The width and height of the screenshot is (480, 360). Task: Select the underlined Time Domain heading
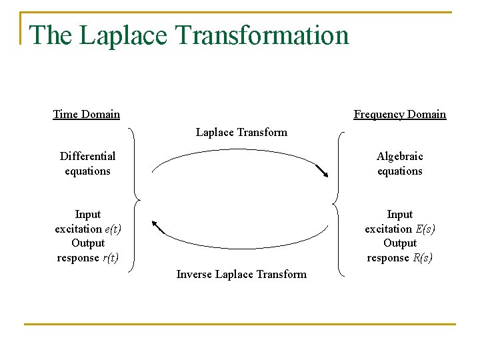tap(87, 114)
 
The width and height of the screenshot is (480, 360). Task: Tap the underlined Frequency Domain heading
tap(399, 114)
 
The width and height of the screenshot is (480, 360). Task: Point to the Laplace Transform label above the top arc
tap(241, 132)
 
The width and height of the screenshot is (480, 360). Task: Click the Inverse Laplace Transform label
tap(241, 274)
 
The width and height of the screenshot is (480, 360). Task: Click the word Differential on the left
tap(87, 156)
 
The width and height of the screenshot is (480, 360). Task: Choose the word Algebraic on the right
tap(399, 156)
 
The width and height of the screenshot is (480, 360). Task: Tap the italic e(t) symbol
tap(113, 229)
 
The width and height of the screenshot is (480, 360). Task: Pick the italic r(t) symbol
tap(110, 258)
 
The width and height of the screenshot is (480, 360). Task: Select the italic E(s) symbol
tap(425, 229)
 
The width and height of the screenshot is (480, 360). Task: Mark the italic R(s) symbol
tap(423, 258)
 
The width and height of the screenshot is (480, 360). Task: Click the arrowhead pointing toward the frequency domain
tap(325, 174)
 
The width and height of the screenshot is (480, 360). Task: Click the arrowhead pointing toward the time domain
tap(157, 225)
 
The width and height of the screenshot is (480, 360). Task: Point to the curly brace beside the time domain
tap(136, 200)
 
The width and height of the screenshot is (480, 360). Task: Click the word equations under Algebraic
tap(399, 171)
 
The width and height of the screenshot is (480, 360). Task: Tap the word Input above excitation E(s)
tap(399, 214)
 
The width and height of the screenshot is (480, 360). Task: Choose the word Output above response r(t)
tap(88, 243)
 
